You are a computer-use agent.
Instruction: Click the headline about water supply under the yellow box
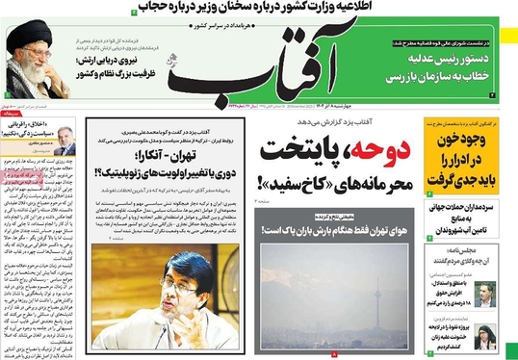tap(466, 214)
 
